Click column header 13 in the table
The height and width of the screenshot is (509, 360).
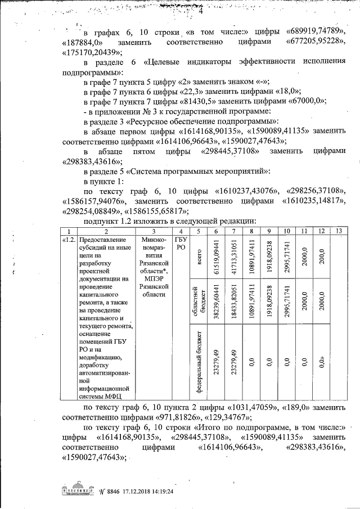point(338,231)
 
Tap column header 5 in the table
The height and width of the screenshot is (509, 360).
point(198,231)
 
